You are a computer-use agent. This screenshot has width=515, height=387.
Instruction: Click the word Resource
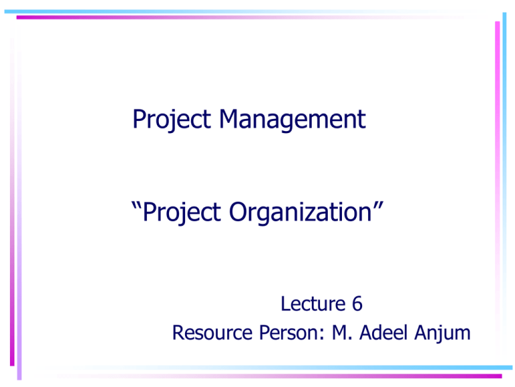click(207, 333)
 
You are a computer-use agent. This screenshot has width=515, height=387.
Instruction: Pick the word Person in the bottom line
click(281, 333)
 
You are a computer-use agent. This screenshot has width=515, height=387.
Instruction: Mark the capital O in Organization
click(240, 214)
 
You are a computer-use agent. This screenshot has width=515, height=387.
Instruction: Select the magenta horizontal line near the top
click(255, 17)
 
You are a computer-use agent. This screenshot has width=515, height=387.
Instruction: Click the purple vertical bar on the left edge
click(19, 269)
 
